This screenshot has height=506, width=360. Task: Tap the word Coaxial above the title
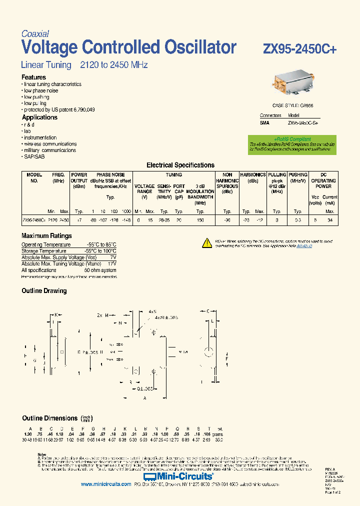pos(35,34)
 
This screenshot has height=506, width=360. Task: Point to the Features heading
pos(33,77)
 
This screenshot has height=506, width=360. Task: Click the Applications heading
pos(39,117)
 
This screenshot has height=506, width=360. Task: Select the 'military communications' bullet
pos(49,150)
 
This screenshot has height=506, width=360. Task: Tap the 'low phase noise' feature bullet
pos(41,91)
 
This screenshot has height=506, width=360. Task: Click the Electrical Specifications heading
pos(180,165)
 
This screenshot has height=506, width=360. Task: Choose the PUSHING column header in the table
pos(298,175)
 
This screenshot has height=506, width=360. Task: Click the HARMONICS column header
pos(252,175)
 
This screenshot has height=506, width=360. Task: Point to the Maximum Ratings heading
pos(46,236)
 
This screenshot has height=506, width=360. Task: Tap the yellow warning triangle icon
pos(207,243)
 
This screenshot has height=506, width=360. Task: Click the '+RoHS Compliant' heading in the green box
pos(292,139)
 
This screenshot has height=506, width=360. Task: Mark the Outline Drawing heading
pos(44,291)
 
